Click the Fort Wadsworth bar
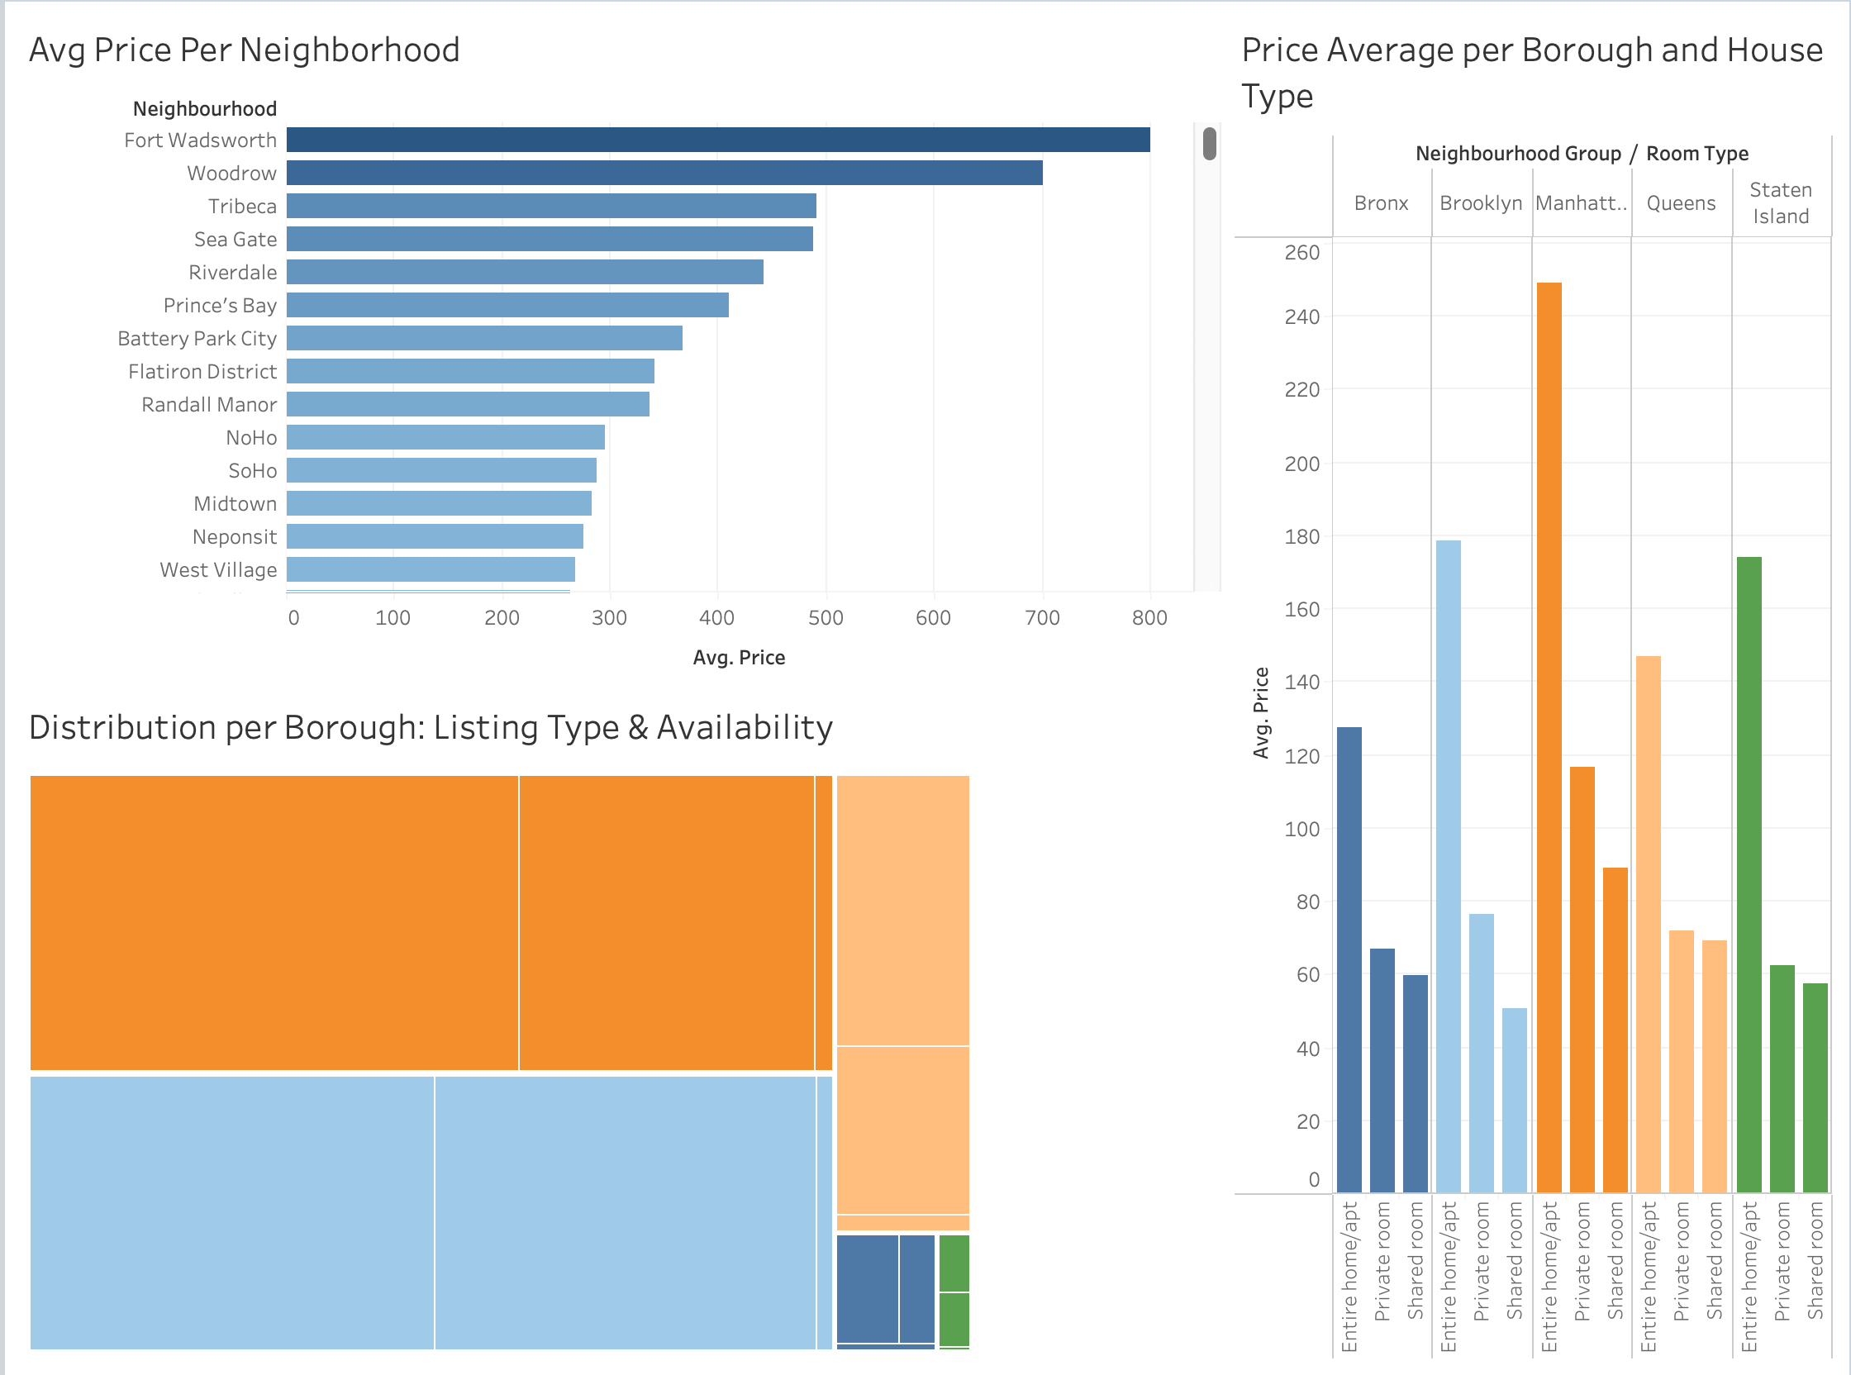tap(717, 140)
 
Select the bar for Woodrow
tap(664, 174)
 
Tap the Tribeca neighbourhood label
tap(242, 207)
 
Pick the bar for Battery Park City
tap(484, 338)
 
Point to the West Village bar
tap(431, 569)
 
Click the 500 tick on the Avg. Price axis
tap(826, 617)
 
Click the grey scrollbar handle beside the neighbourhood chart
tap(1209, 143)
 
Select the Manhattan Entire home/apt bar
tap(1549, 736)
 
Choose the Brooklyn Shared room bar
tap(1515, 1100)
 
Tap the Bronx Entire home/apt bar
tap(1349, 959)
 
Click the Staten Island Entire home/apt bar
tap(1749, 874)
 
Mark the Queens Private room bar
tap(1682, 1060)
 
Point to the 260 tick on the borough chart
tap(1301, 253)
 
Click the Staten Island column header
tap(1780, 203)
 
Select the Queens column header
tap(1681, 203)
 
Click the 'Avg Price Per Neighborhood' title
tap(244, 50)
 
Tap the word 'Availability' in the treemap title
tap(744, 727)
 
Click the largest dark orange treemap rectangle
tap(274, 922)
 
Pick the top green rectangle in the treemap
tap(954, 1263)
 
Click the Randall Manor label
tap(209, 405)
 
